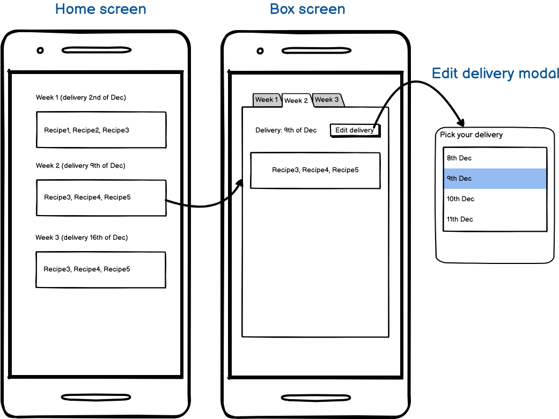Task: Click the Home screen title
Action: (100, 9)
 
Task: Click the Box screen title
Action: (307, 9)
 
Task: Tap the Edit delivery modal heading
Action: (495, 73)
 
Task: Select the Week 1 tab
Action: (267, 100)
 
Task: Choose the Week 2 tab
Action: (296, 100)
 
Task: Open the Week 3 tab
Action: (327, 100)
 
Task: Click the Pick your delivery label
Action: (471, 135)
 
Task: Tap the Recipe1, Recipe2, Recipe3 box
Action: (101, 130)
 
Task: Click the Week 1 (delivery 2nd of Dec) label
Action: (81, 98)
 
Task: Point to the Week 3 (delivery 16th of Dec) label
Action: (82, 237)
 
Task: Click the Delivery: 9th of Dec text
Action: (286, 130)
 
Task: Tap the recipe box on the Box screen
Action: (315, 170)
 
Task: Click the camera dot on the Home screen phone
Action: (40, 50)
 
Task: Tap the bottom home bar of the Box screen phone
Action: (316, 398)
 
